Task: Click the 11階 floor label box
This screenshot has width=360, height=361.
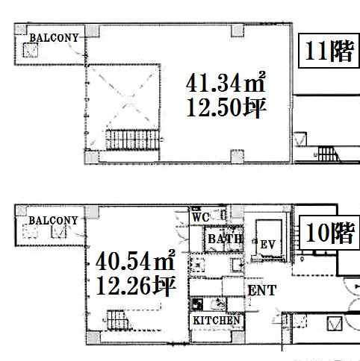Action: click(329, 51)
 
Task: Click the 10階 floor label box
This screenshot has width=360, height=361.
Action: click(329, 233)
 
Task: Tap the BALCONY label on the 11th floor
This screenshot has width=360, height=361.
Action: click(54, 38)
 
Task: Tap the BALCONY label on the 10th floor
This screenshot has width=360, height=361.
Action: click(53, 221)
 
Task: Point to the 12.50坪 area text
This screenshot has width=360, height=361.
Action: click(226, 107)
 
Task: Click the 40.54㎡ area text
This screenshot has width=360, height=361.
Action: click(135, 260)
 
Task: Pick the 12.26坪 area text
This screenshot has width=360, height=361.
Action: click(136, 286)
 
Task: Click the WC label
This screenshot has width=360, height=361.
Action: click(200, 217)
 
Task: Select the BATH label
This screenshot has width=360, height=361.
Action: click(225, 239)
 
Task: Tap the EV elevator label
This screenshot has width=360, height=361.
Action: click(267, 245)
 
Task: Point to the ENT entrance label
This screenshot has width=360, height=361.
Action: click(262, 290)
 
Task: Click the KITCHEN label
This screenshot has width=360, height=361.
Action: click(217, 320)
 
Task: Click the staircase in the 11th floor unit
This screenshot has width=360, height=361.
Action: click(132, 139)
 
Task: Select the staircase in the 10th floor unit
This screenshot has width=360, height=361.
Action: click(118, 320)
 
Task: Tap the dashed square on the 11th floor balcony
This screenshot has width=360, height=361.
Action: click(31, 50)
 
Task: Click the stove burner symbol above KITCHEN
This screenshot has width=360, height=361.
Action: click(197, 304)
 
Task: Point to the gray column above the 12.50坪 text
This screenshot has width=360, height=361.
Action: click(238, 31)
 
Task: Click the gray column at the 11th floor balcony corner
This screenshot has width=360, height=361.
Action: click(20, 29)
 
